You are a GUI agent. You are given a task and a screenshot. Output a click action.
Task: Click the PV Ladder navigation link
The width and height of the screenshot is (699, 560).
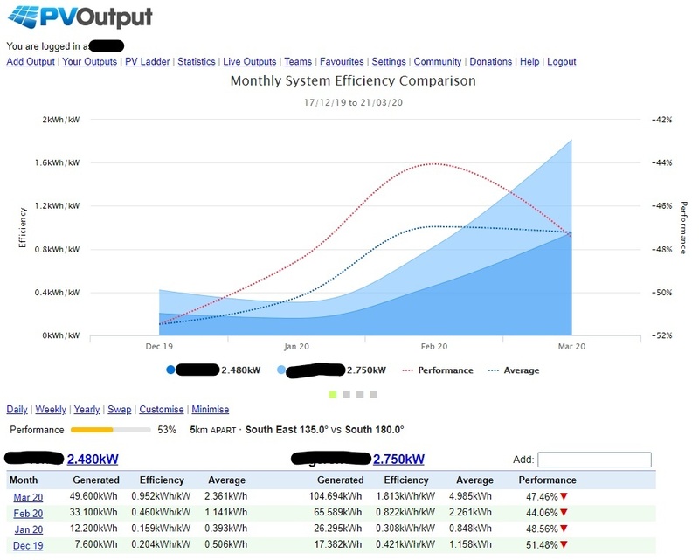(x=147, y=62)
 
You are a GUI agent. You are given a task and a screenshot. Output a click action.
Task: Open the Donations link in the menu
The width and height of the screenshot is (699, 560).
(x=490, y=62)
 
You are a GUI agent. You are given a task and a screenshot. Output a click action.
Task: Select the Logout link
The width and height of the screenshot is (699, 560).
(x=561, y=62)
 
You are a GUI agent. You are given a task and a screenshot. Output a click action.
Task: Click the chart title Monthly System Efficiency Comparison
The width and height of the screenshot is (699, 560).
(x=353, y=81)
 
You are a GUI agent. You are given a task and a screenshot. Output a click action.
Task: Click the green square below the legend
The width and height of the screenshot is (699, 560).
(x=333, y=395)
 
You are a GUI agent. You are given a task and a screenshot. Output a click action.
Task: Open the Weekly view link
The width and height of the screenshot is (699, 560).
(x=51, y=410)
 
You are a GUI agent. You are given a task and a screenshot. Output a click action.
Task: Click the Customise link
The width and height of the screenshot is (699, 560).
(x=162, y=410)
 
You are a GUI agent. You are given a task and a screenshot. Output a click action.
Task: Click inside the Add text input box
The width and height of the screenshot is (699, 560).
(x=594, y=460)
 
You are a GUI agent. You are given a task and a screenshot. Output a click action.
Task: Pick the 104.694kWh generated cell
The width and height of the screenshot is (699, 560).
(x=341, y=496)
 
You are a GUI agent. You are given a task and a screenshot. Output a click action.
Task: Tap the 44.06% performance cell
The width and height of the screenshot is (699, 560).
(x=541, y=513)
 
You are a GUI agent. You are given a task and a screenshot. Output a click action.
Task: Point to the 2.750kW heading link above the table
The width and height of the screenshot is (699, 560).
(x=398, y=460)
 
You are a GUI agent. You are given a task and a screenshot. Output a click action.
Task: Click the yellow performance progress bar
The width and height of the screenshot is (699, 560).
(x=92, y=430)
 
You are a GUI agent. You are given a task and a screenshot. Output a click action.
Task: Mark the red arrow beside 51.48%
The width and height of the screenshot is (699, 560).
(x=564, y=546)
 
